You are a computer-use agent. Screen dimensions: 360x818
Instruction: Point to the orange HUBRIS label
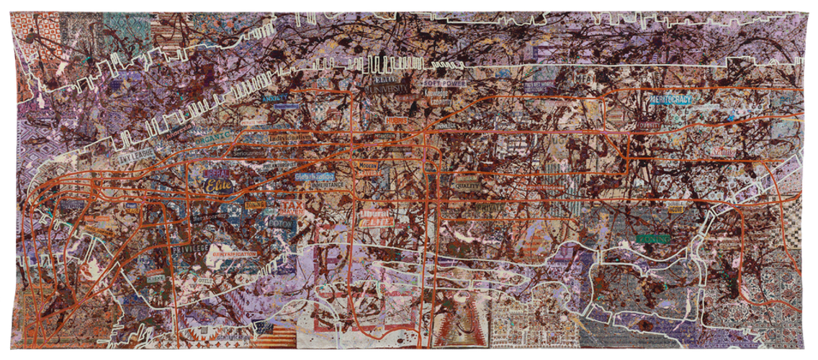pyautogui.click(x=397, y=121)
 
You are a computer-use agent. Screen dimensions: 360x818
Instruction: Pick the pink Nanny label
pyautogui.click(x=725, y=152)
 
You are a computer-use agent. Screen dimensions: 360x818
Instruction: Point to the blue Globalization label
pyautogui.click(x=315, y=175)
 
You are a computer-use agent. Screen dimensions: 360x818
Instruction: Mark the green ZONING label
pyautogui.click(x=652, y=238)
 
